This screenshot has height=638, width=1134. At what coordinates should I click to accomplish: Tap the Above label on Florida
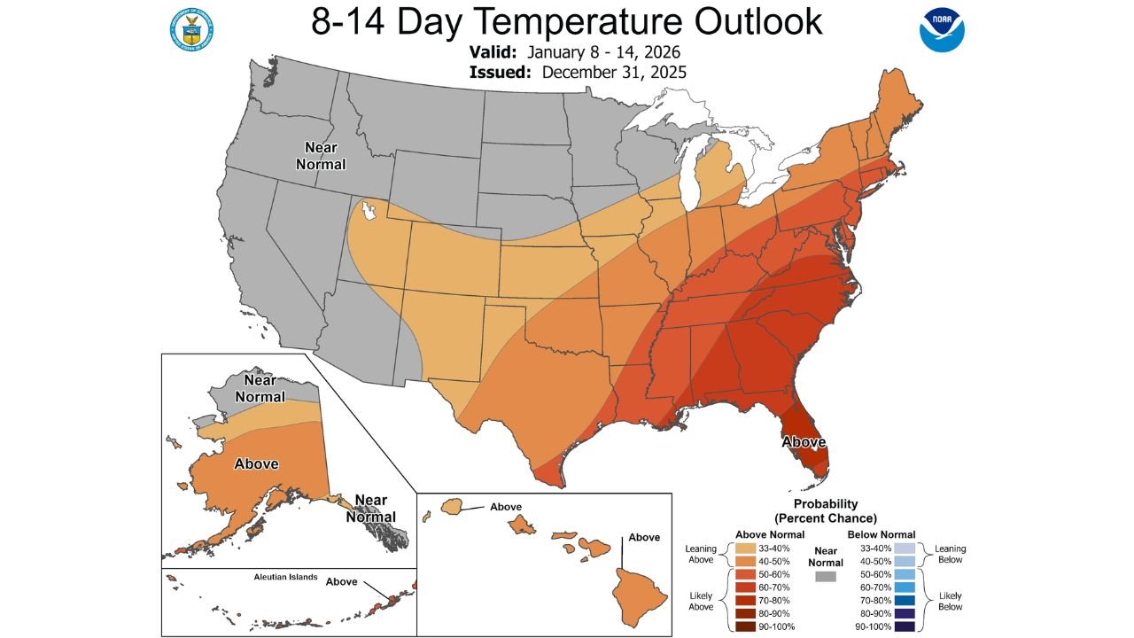coord(804,441)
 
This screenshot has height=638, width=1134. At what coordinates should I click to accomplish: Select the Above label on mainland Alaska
coord(256,463)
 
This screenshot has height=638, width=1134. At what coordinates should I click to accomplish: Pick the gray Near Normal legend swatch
coord(826,576)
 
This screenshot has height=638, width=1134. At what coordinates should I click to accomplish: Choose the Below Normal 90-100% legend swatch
coord(905,626)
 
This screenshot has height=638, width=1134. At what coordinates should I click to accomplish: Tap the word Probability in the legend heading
coord(826,503)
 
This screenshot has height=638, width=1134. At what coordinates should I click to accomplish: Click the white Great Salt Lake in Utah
coord(369,211)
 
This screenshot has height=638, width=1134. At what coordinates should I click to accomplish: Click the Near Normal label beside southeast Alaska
coord(366,509)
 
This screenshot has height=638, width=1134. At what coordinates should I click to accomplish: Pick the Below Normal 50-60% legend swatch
coord(905,574)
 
